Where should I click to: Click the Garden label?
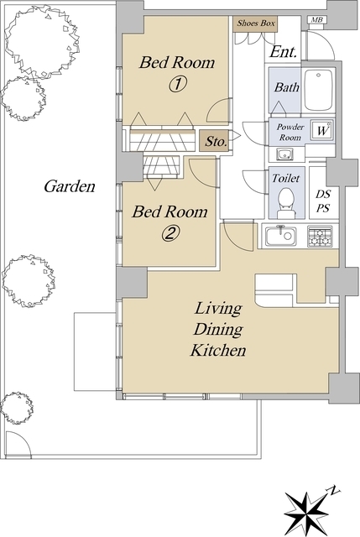[x=70, y=186]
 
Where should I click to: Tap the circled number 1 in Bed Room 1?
[x=177, y=84]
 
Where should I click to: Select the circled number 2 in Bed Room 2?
[x=170, y=233]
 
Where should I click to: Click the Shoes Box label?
[x=256, y=23]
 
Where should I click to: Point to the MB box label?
[x=317, y=20]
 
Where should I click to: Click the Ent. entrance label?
[x=283, y=52]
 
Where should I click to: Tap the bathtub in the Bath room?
[x=319, y=90]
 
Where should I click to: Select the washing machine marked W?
[x=322, y=130]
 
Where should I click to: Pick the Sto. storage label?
[x=216, y=141]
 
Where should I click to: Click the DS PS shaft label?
[x=323, y=201]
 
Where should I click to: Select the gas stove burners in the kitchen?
[x=320, y=236]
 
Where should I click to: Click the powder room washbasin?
[x=284, y=154]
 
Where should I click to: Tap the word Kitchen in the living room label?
[x=218, y=350]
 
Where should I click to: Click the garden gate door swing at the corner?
[x=18, y=444]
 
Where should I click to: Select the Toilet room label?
[x=285, y=178]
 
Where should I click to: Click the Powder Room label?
[x=290, y=133]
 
